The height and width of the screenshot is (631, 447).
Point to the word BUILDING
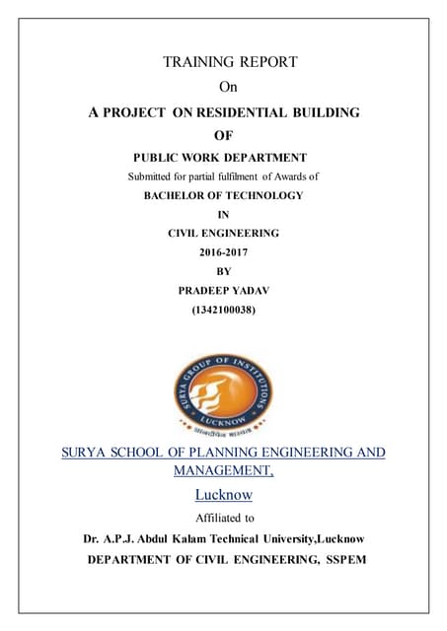click(327, 113)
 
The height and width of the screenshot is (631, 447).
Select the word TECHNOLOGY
click(258, 195)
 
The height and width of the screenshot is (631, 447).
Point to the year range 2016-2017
click(223, 251)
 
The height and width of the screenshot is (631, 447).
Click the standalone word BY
click(222, 270)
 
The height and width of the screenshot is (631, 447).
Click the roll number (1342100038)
click(223, 308)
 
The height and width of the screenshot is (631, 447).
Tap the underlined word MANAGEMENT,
click(223, 471)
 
